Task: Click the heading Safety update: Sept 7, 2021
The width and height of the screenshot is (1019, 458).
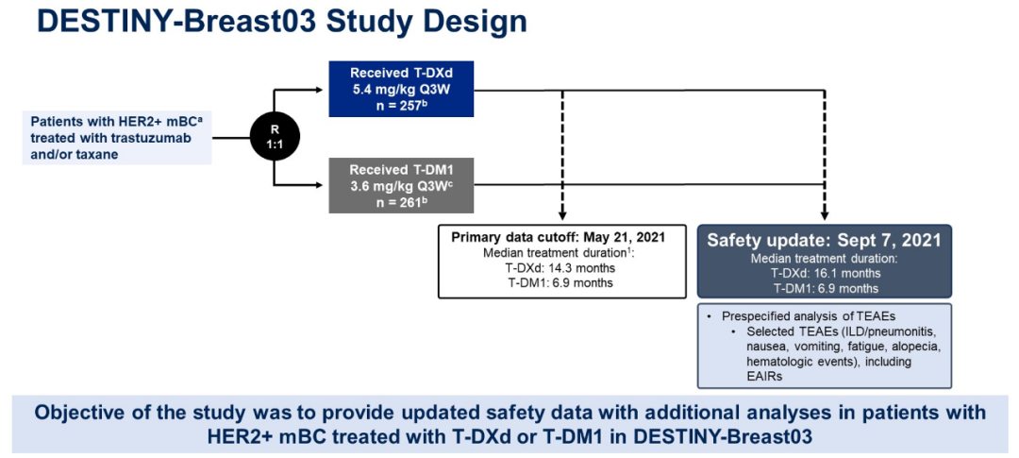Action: coord(825,240)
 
